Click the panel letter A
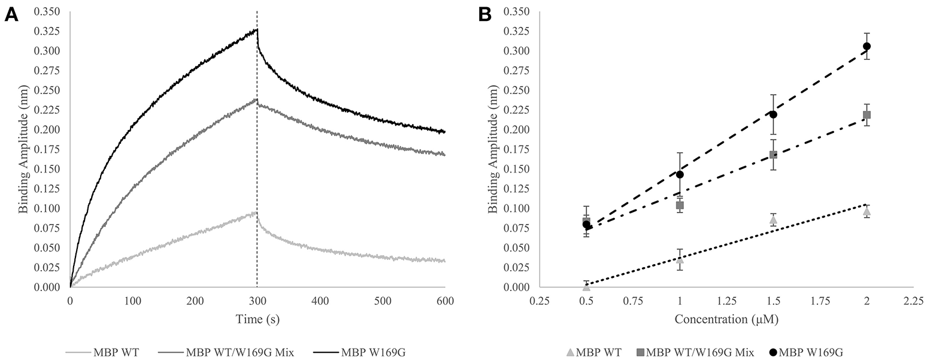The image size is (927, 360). click(11, 15)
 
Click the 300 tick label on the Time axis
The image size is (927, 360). click(257, 299)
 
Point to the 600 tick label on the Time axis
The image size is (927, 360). click(444, 299)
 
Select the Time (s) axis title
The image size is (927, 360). click(257, 319)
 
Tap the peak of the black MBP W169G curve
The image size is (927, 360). click(256, 29)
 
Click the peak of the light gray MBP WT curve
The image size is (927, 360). click(256, 212)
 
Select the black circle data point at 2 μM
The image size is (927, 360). click(866, 46)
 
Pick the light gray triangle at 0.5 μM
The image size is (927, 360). click(586, 286)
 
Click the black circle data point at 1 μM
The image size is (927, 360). click(680, 174)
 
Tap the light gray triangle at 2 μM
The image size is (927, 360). click(866, 211)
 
